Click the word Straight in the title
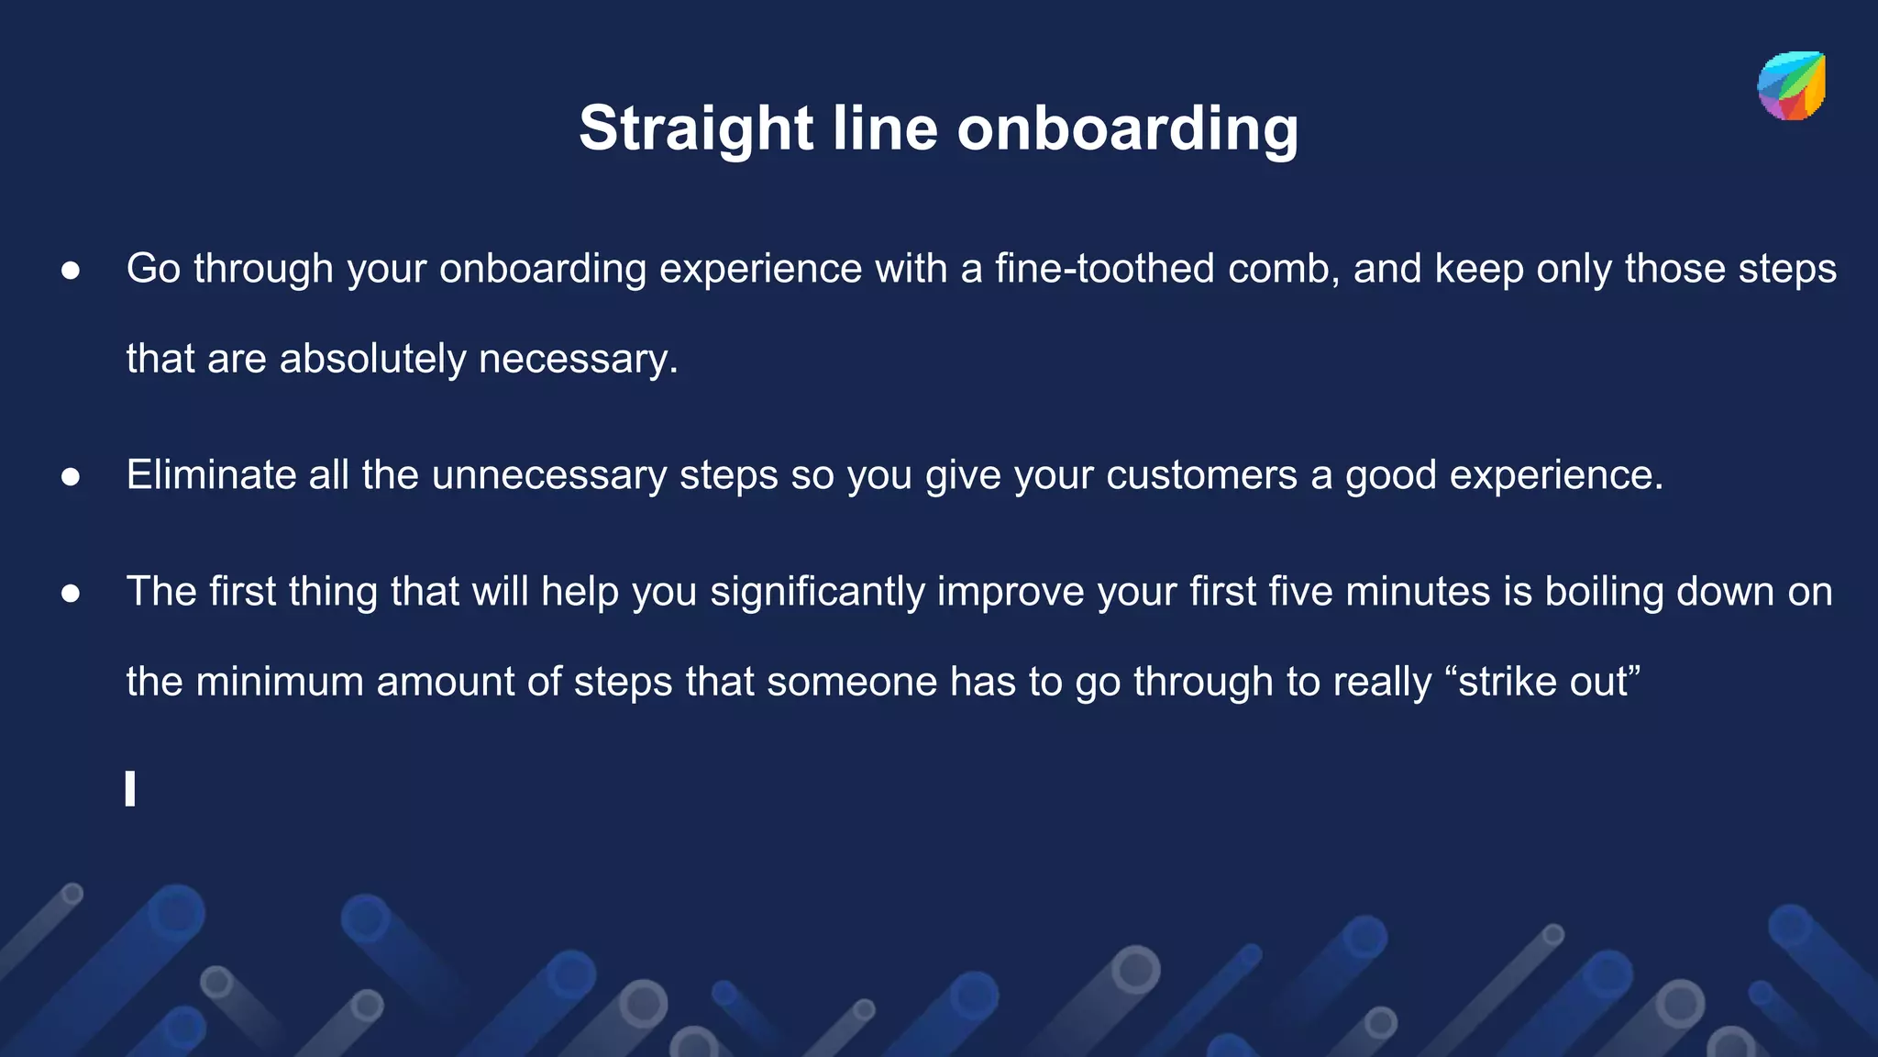click(x=695, y=128)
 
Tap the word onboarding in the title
click(x=1127, y=128)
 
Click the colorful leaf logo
click(x=1791, y=86)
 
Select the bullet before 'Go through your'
click(x=71, y=271)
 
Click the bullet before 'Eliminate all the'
click(x=71, y=477)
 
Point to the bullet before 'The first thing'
click(x=71, y=594)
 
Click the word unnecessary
click(x=549, y=475)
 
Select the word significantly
click(x=817, y=592)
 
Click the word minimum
click(x=279, y=682)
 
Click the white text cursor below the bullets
click(x=130, y=789)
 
